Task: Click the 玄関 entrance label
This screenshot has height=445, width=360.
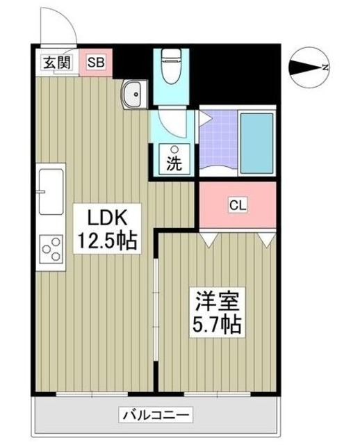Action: tap(57, 62)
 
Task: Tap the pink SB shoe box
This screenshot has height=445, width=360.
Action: tap(96, 63)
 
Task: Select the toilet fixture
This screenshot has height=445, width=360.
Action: tap(171, 66)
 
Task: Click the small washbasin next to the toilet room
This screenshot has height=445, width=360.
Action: tap(133, 94)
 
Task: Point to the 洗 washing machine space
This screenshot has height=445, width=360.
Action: tap(174, 160)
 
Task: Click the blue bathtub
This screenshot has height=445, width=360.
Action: tap(257, 143)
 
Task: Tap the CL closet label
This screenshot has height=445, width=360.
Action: tap(238, 205)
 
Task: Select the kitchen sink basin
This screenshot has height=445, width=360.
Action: tap(51, 192)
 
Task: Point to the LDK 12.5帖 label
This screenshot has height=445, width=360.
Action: tap(107, 229)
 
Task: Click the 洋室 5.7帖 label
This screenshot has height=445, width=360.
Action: tap(217, 312)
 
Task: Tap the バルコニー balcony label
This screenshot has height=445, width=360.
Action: tap(156, 415)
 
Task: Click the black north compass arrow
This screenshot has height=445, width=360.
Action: tap(305, 67)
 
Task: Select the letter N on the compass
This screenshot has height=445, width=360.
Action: tap(325, 67)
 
